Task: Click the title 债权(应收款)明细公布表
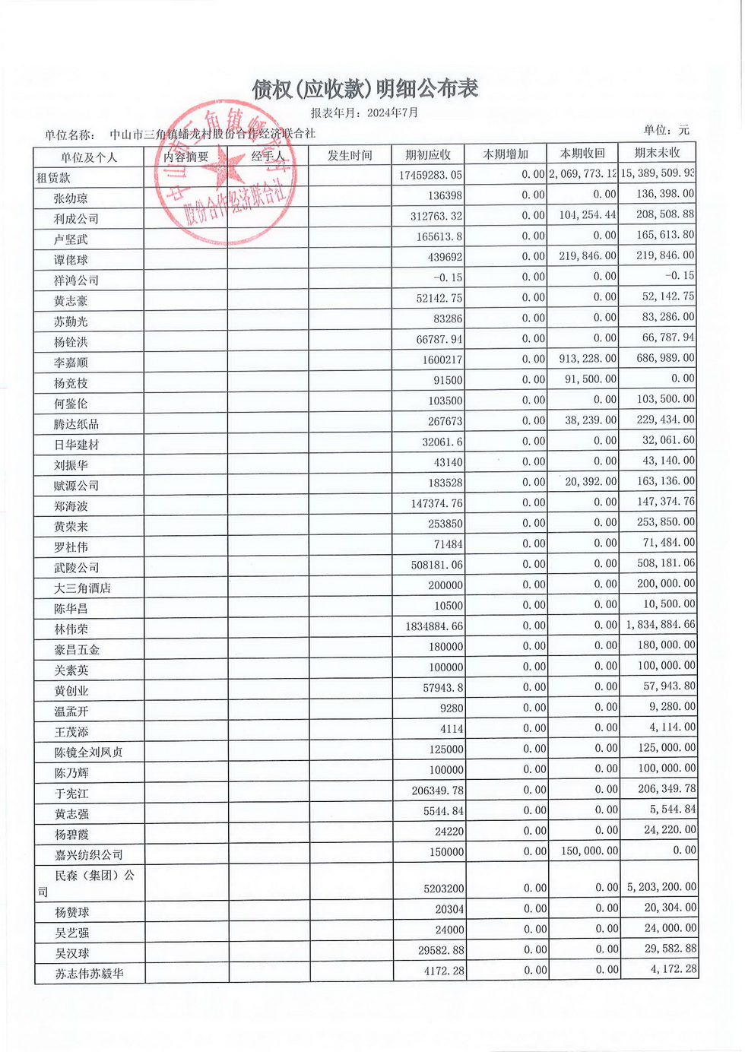(365, 89)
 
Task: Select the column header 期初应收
(428, 155)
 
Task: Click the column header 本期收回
(582, 154)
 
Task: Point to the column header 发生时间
(350, 156)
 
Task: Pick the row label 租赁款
(53, 178)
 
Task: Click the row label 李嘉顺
(71, 363)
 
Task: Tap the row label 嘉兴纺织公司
(88, 855)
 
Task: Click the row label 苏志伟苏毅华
(89, 974)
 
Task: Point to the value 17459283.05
(430, 176)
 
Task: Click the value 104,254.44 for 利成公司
(588, 215)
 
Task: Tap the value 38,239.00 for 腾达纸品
(591, 420)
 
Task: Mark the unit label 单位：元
(666, 130)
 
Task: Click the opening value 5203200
(439, 889)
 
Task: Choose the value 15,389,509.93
(658, 173)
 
